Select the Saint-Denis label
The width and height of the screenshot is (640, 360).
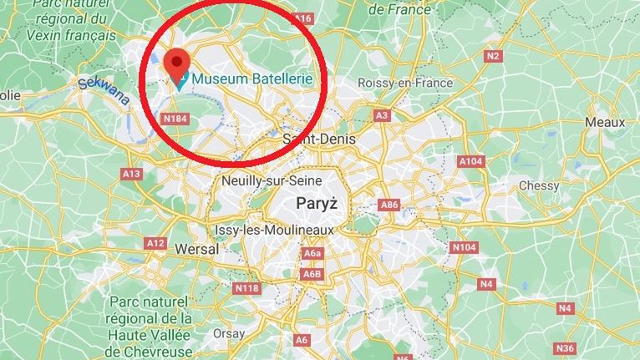click(319, 139)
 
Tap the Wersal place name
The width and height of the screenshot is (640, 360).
click(197, 249)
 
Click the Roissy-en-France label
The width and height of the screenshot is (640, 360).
click(404, 83)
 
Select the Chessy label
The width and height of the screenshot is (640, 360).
click(539, 185)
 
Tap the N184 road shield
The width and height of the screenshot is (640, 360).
click(175, 119)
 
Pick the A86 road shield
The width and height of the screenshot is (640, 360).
click(389, 205)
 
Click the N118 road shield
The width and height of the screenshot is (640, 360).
click(247, 288)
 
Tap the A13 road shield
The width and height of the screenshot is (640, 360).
click(131, 174)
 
